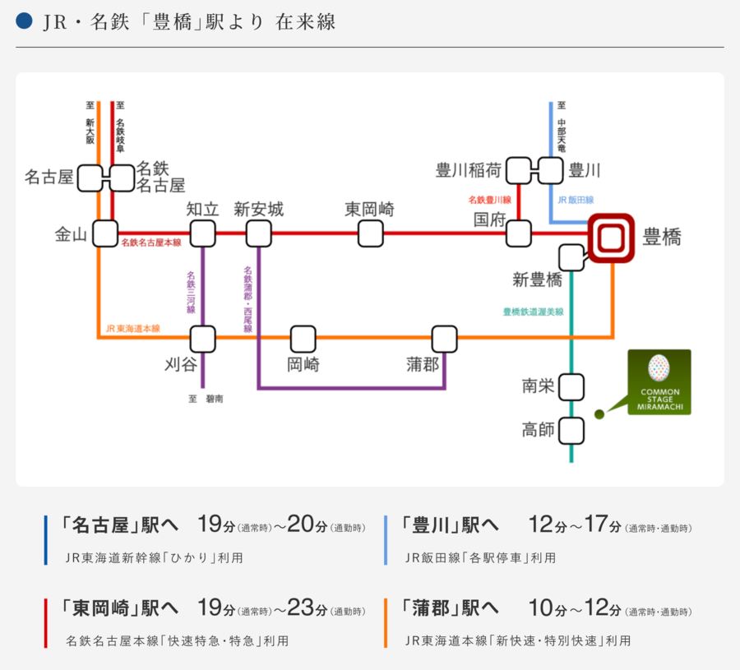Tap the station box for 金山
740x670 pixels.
105,233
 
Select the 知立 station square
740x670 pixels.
202,233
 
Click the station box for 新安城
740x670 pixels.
259,233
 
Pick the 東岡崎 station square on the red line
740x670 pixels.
370,233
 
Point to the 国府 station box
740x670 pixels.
518,233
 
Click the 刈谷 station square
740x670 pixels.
202,338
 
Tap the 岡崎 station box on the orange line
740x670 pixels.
303,338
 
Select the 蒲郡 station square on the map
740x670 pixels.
444,338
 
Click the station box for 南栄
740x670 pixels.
571,386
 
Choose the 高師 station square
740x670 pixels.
571,430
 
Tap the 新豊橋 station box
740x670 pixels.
571,257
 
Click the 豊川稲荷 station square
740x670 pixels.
518,171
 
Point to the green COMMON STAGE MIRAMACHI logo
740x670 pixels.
659,381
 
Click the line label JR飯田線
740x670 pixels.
576,200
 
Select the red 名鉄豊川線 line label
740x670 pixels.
490,200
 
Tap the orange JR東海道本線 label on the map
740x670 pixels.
132,328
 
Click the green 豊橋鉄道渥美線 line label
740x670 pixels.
533,312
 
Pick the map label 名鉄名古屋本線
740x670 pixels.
151,243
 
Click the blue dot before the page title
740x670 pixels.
24,21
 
